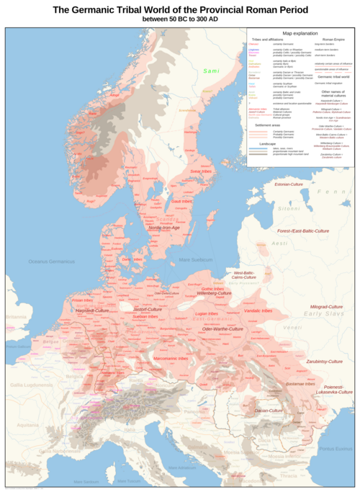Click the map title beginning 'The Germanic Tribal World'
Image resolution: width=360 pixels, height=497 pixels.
[x=180, y=9]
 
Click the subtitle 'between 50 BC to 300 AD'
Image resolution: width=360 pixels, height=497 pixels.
[x=180, y=19]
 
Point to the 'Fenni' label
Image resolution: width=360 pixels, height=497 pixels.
[x=332, y=192]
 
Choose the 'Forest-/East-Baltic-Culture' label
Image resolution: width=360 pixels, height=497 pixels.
[x=302, y=230]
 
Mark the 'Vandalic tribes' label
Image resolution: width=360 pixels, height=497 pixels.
[x=257, y=310]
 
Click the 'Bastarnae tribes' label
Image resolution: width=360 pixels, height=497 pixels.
[x=300, y=384]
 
